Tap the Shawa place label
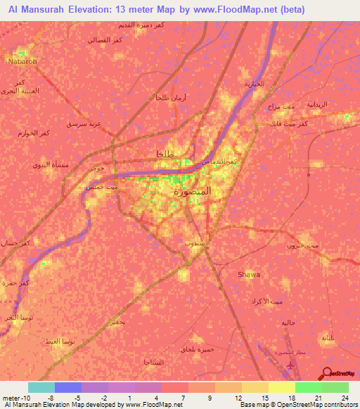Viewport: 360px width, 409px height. pyautogui.click(x=250, y=274)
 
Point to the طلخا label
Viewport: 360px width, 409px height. pyautogui.click(x=157, y=154)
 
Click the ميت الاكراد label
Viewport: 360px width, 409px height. pyautogui.click(x=266, y=301)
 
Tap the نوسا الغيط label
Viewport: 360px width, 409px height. pyautogui.click(x=58, y=340)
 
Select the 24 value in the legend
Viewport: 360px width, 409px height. pyautogui.click(x=343, y=398)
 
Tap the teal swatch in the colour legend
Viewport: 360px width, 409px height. pyautogui.click(x=41, y=387)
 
